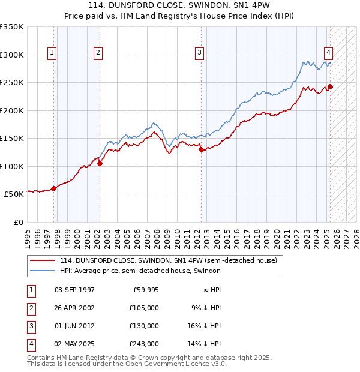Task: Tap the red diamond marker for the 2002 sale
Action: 100,163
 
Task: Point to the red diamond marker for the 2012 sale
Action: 201,149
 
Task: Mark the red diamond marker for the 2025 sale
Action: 331,86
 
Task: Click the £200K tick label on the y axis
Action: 12,110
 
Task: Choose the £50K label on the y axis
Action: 14,194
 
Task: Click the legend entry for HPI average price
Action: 140,271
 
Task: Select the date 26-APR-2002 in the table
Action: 74,308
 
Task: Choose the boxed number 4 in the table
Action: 31,344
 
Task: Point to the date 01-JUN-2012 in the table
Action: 74,326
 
